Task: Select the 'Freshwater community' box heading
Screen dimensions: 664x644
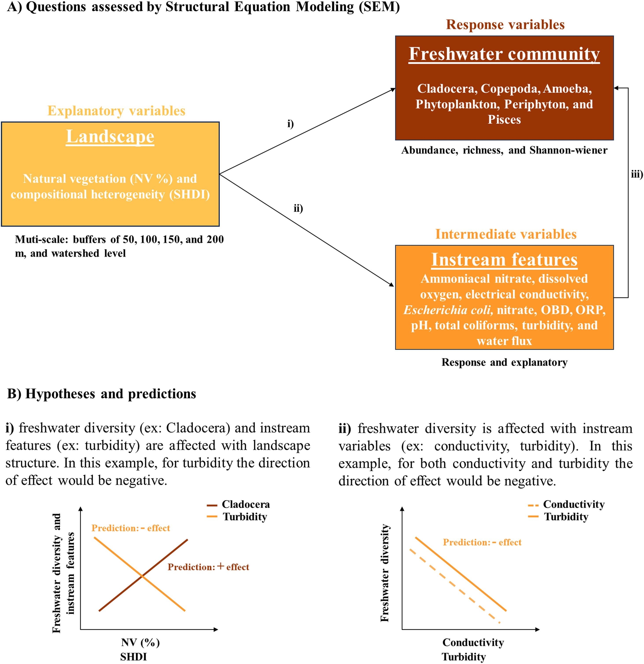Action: point(504,54)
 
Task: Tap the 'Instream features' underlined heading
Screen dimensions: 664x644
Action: point(504,260)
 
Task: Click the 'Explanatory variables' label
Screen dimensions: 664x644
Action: point(116,111)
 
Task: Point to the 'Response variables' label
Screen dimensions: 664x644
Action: point(505,25)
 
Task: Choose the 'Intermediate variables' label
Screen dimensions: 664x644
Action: point(506,234)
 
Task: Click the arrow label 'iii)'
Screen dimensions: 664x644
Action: point(637,174)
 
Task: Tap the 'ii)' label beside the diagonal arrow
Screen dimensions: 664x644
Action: point(298,208)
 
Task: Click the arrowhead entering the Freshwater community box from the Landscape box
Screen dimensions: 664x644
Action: point(393,90)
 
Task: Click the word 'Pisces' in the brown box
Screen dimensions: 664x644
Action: point(504,120)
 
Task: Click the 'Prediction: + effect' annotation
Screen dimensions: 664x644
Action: point(208,567)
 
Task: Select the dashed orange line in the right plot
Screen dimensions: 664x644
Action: point(454,586)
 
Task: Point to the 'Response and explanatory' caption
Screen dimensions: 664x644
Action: point(504,362)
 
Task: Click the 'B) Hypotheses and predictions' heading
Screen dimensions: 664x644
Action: point(101,394)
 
